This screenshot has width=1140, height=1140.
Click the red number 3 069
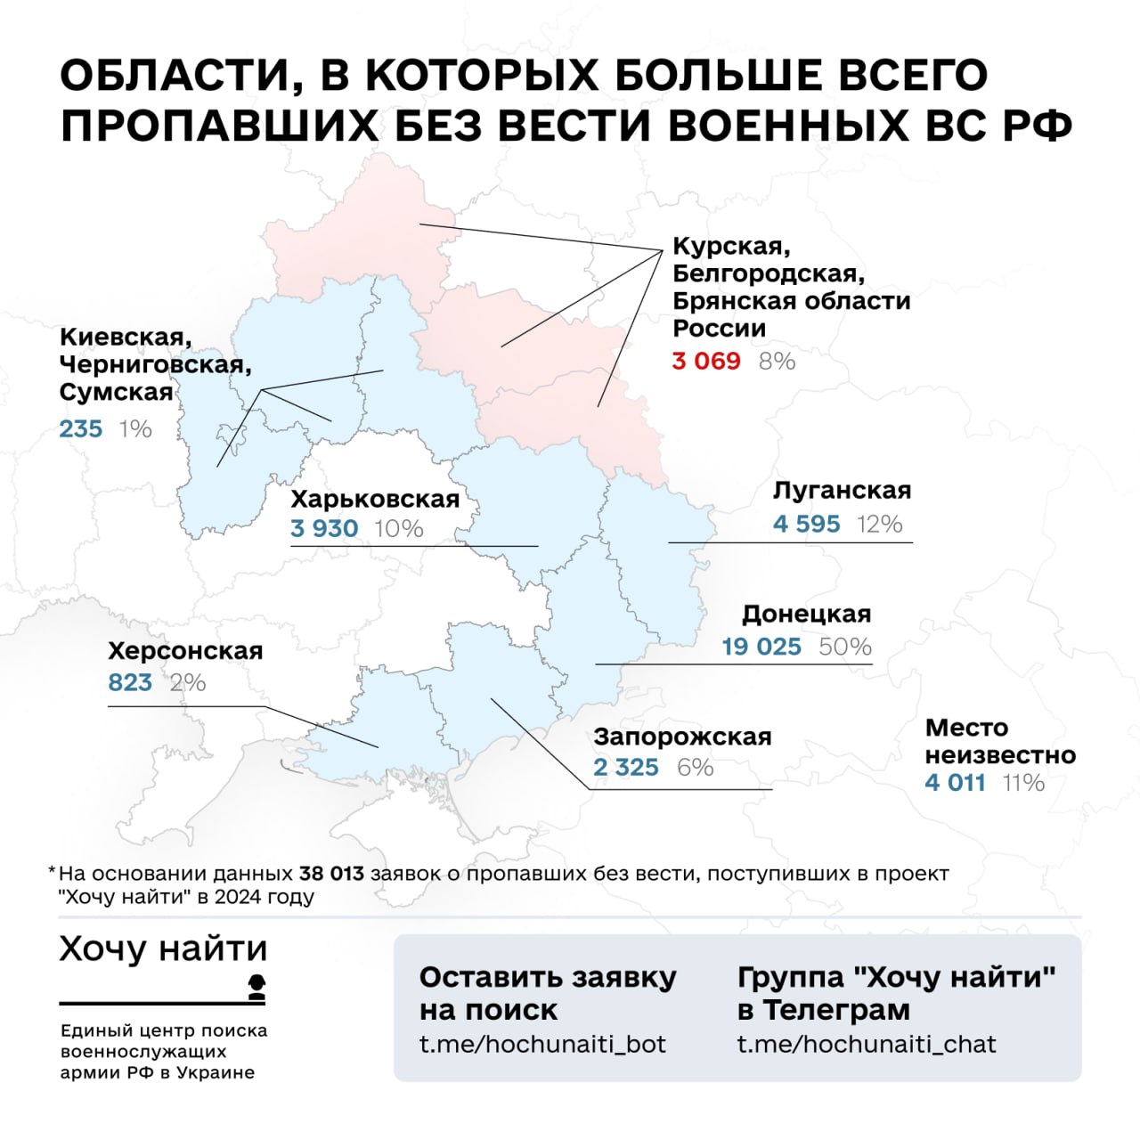(x=706, y=361)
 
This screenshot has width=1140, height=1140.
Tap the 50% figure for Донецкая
(x=844, y=647)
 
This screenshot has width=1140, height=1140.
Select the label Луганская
(x=842, y=491)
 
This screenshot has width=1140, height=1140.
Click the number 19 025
(x=761, y=647)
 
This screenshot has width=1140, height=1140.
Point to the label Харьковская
(x=375, y=499)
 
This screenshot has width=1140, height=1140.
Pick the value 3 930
(x=324, y=529)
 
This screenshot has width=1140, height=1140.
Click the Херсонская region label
(x=185, y=651)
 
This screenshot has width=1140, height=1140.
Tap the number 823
(x=130, y=683)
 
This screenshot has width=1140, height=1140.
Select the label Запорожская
(x=682, y=737)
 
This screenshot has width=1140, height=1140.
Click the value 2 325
(x=626, y=768)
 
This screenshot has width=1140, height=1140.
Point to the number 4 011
(x=955, y=783)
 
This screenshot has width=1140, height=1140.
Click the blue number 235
(x=81, y=429)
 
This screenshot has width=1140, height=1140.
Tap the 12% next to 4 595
(x=879, y=524)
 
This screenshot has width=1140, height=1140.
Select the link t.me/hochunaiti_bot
(x=542, y=1044)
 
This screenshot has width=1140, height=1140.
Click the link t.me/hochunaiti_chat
(x=866, y=1044)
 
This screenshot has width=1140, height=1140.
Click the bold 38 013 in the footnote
(x=331, y=874)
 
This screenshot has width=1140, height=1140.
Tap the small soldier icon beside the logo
(x=256, y=987)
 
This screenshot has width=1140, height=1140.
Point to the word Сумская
(x=116, y=393)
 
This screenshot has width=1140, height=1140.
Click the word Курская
(x=730, y=246)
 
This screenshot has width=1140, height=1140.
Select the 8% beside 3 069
(x=777, y=361)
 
